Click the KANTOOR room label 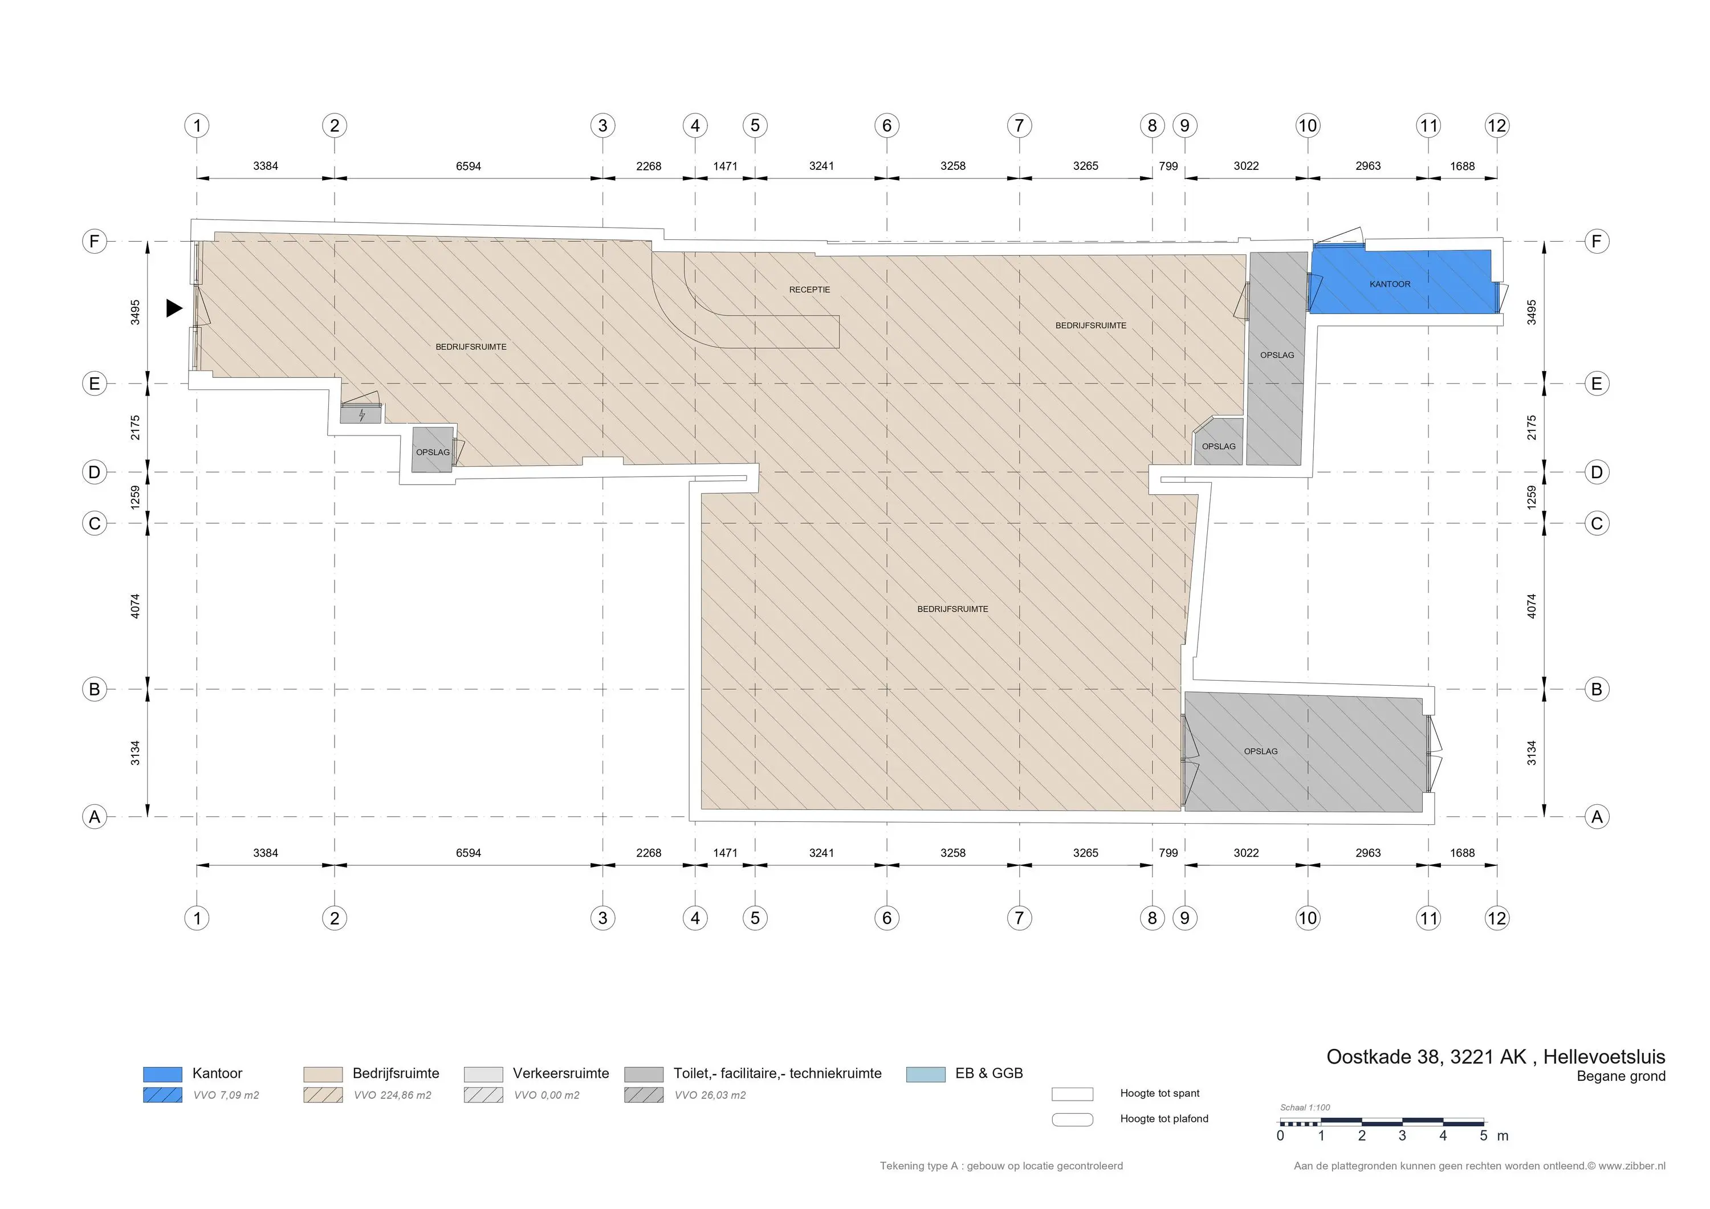point(1390,284)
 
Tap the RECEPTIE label point(809,290)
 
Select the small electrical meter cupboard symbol point(361,415)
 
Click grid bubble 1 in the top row point(197,125)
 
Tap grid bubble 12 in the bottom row point(1496,918)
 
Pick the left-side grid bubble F point(95,241)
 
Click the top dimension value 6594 point(469,166)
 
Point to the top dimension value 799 point(1168,166)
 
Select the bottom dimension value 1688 point(1462,853)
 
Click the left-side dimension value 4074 point(135,605)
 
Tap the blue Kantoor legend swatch point(162,1074)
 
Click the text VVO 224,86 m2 point(393,1095)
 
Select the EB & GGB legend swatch point(926,1074)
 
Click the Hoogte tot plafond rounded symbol point(1073,1119)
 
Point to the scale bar point(1382,1122)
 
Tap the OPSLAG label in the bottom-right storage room point(1260,752)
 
